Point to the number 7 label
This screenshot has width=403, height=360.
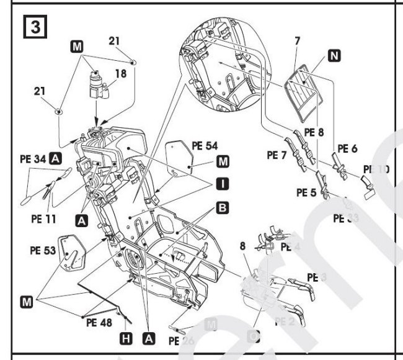click(298, 42)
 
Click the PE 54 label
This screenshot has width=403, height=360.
click(205, 146)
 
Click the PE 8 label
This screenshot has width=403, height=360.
click(314, 132)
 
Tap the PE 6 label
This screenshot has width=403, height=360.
click(347, 150)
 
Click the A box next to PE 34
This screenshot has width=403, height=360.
click(55, 159)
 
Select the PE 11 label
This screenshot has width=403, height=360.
click(43, 218)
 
